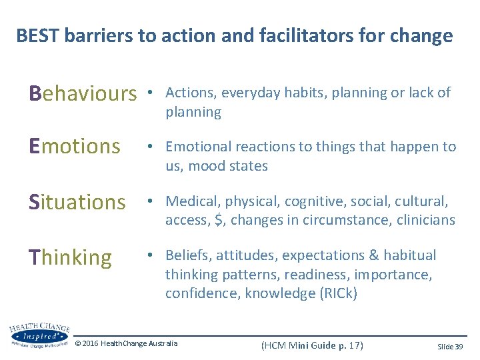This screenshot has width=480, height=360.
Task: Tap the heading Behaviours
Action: point(82,93)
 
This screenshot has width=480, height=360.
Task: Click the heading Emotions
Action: point(75,147)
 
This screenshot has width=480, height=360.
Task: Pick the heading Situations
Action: point(77,201)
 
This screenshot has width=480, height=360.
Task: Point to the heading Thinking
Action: point(71,257)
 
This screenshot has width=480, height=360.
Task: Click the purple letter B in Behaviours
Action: point(36,93)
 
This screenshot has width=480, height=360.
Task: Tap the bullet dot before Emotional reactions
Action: point(153,147)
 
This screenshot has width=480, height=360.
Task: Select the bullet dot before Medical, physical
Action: point(153,202)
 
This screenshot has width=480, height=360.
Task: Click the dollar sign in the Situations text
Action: point(219,221)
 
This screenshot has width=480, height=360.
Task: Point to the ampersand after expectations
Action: point(372,256)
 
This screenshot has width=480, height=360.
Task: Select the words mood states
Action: point(227,166)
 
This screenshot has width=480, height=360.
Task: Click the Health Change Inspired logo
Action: point(39,335)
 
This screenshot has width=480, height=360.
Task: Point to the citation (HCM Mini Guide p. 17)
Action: point(312,345)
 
